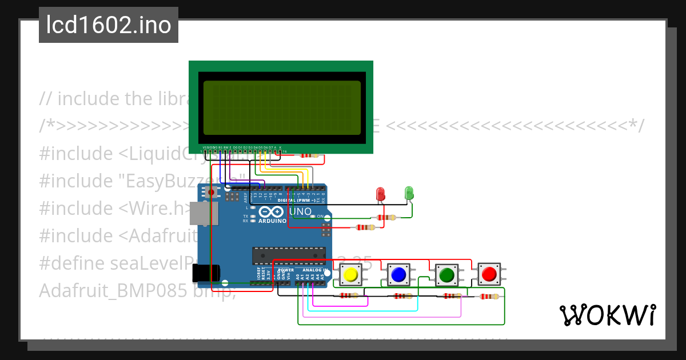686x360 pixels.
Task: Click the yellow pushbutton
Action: [x=350, y=275]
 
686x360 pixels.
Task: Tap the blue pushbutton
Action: [x=398, y=275]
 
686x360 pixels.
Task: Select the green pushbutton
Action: [x=446, y=275]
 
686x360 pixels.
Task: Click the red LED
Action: [x=381, y=194]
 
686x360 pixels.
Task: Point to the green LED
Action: [x=409, y=193]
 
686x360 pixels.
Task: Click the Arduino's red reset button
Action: [x=212, y=193]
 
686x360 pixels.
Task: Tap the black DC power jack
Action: [x=204, y=274]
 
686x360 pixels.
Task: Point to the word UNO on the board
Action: [x=301, y=212]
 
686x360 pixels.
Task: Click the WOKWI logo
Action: [x=607, y=315]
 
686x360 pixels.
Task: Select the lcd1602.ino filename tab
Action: [x=109, y=25]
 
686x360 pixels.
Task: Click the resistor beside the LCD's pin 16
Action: [x=308, y=155]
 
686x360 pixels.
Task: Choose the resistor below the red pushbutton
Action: [x=489, y=296]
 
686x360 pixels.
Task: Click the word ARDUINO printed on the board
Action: [x=272, y=221]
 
